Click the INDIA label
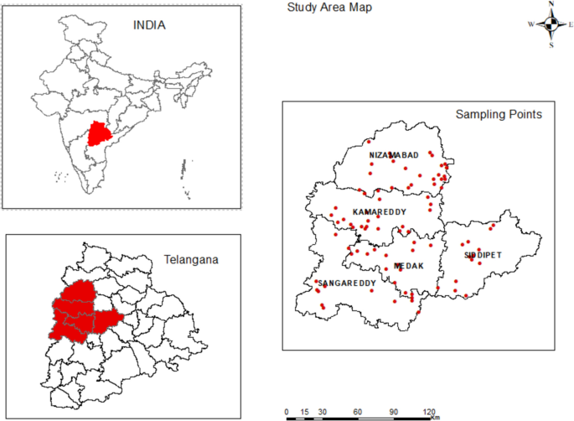(150, 24)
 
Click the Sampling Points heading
(499, 113)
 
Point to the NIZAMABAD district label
(394, 156)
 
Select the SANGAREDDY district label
(347, 283)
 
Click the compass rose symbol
(551, 24)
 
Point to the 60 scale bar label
(358, 412)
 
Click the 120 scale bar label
(429, 412)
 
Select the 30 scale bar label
(323, 412)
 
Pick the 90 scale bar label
(394, 412)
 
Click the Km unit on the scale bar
(435, 417)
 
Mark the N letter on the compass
(551, 5)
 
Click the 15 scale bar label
(304, 412)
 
